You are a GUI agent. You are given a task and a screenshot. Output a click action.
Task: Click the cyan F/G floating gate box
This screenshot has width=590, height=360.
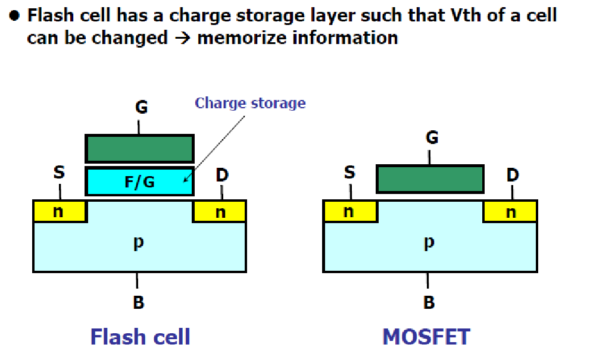tap(140, 181)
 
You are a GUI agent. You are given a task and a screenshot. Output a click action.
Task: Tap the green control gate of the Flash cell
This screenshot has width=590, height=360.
tap(140, 149)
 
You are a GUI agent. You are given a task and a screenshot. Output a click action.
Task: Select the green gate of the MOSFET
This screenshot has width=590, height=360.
tap(430, 179)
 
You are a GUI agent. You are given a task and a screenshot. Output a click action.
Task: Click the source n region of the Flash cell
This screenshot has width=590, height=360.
tap(59, 211)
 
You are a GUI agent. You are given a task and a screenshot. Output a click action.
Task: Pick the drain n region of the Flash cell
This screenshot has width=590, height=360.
tap(220, 212)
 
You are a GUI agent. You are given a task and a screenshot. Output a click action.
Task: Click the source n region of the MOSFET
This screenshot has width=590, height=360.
tap(349, 211)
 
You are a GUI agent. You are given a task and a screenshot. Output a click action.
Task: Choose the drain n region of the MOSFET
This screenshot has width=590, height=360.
tap(511, 212)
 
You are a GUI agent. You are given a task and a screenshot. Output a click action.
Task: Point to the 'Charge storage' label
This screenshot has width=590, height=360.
tap(250, 103)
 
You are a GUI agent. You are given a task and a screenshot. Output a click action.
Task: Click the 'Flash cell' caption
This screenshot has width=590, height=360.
tap(140, 337)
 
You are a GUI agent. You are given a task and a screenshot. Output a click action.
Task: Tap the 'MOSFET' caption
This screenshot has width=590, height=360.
tap(426, 337)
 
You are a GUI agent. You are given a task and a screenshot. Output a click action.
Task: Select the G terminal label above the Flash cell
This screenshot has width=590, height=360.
tap(141, 108)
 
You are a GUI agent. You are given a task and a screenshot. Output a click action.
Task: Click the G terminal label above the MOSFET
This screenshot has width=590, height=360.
tap(432, 138)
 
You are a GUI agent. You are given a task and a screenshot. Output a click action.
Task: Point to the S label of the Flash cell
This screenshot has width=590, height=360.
tap(59, 173)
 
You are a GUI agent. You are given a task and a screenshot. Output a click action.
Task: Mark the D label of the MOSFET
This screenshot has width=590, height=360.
tap(512, 175)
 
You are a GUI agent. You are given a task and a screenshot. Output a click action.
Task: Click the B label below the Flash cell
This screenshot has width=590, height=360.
tap(138, 302)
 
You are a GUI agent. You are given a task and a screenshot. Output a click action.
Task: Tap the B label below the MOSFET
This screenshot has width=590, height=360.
tap(429, 302)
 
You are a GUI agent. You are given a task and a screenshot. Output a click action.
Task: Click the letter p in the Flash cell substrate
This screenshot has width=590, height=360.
tap(138, 243)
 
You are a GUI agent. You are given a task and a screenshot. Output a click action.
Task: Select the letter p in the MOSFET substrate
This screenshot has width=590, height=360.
tap(429, 243)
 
